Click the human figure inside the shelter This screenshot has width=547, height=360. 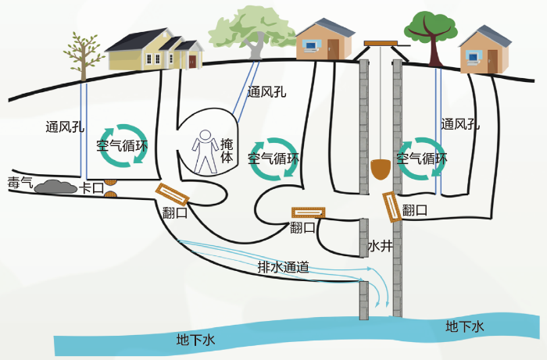point(205,152)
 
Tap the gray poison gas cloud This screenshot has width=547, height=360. point(55,187)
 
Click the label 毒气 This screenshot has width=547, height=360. point(20,183)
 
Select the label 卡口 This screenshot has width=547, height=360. point(91,188)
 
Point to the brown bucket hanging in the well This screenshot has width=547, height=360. point(381,169)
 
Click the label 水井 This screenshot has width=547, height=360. point(381,246)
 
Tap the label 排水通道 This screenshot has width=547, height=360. point(283,267)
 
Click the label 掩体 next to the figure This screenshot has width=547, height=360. point(227,151)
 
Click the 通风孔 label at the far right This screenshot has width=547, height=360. point(460,124)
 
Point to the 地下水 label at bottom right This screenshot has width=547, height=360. point(465,326)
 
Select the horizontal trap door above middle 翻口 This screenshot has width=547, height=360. point(309,212)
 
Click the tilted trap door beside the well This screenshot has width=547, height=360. point(391,207)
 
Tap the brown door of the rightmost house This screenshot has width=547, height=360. point(492,62)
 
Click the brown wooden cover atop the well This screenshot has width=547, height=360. point(381,44)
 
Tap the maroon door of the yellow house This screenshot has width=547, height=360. point(192,62)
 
